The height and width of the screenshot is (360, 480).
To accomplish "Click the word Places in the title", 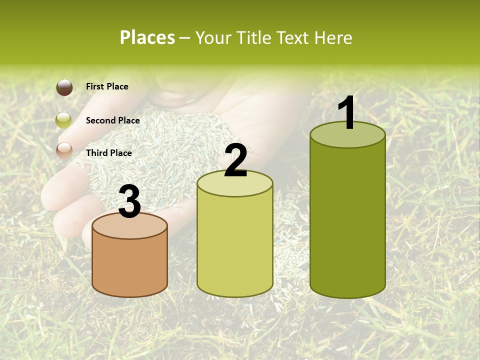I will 147,37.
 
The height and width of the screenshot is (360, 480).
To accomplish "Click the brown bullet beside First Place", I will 64,87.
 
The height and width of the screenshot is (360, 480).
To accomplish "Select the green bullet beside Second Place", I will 64,120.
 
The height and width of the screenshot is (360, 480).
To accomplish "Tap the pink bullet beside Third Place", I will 64,150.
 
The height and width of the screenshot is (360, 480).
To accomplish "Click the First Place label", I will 107,86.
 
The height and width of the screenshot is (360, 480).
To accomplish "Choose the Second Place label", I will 112,120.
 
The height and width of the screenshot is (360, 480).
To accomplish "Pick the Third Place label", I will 108,153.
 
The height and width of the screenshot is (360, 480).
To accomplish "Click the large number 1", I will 347,113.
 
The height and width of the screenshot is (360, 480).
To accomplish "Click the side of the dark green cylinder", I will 347,220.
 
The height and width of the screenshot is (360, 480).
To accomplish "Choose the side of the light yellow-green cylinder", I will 235,245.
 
